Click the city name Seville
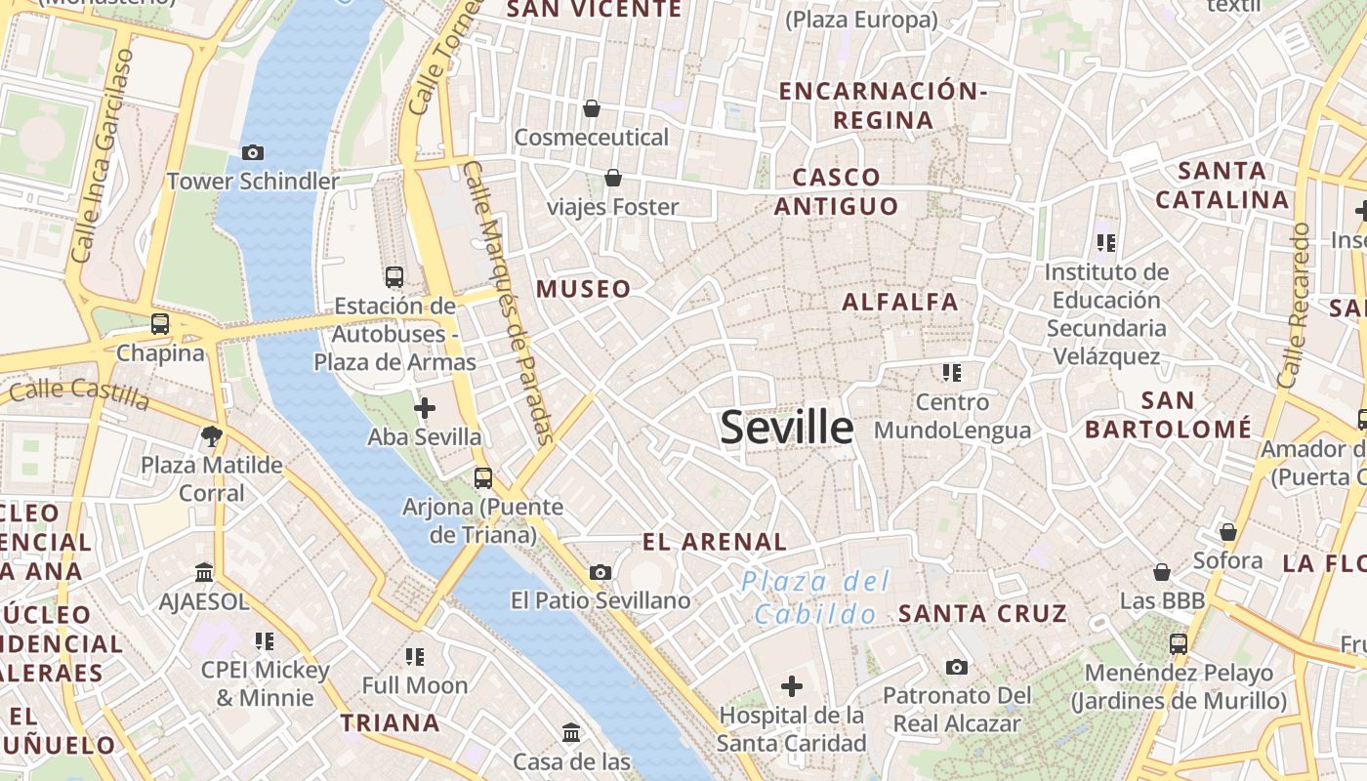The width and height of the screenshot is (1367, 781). pos(786,428)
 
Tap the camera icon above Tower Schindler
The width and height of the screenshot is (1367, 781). pos(252,152)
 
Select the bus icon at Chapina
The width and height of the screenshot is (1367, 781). pos(160,324)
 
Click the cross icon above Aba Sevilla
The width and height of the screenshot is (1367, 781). pos(425,407)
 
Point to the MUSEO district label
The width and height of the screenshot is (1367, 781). pos(583,289)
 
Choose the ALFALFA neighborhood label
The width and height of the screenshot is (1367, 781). pos(900,302)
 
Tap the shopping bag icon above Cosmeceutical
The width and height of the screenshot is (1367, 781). pos(591,107)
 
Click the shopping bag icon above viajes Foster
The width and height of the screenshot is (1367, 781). pos(613,178)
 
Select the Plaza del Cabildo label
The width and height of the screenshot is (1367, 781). pos(815,597)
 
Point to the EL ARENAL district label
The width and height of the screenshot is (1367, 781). pos(714,542)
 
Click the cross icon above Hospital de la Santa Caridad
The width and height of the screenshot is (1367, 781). pos(792,685)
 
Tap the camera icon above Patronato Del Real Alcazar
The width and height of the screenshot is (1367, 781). pos(957,667)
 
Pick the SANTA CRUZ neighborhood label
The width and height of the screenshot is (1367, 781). pos(982,613)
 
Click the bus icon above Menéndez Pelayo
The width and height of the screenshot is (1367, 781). pos(1179,644)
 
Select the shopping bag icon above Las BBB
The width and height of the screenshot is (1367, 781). pos(1162,572)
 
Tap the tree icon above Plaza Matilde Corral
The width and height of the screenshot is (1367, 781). pos(211,435)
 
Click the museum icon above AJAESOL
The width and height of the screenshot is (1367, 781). pos(204,572)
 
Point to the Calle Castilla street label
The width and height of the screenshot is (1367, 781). pos(79,395)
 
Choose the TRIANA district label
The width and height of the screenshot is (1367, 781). pos(390,723)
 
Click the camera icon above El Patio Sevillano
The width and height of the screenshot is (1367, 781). pos(601,572)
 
